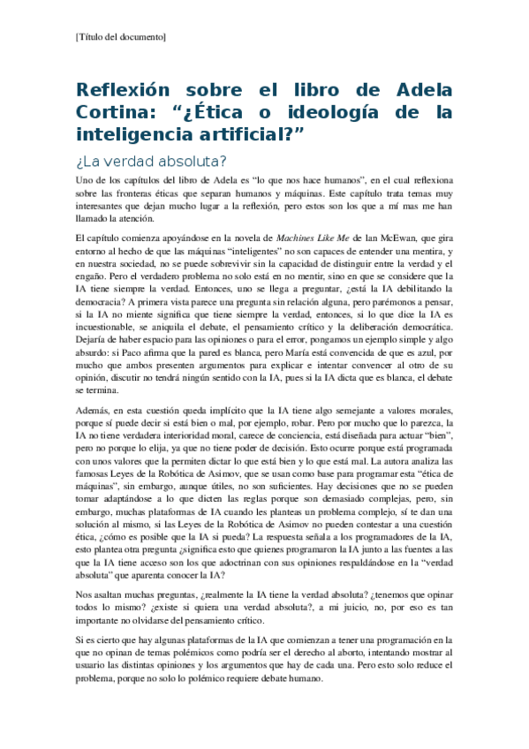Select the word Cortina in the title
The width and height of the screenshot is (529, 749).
coord(113,112)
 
